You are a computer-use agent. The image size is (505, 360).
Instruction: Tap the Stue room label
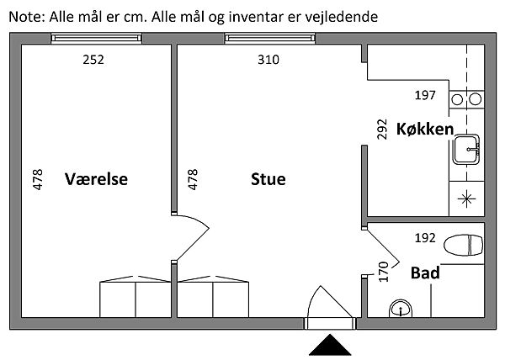(x=268, y=179)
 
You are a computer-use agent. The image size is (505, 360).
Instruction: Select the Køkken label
(x=424, y=130)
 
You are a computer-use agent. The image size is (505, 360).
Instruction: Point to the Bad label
(x=425, y=273)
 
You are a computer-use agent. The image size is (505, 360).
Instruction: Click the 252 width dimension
(x=93, y=60)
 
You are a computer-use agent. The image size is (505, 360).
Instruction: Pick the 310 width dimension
(x=268, y=60)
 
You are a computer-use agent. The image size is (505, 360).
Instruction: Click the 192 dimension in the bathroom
(x=427, y=238)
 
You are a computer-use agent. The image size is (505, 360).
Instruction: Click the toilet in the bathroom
(x=464, y=246)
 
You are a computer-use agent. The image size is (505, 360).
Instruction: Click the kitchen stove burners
(x=466, y=100)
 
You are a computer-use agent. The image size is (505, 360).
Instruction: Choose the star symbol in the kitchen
(x=466, y=199)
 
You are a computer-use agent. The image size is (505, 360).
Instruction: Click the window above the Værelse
(x=93, y=37)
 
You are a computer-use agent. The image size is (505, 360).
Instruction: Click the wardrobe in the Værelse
(x=135, y=299)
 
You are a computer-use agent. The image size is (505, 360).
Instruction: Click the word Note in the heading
(x=23, y=15)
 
